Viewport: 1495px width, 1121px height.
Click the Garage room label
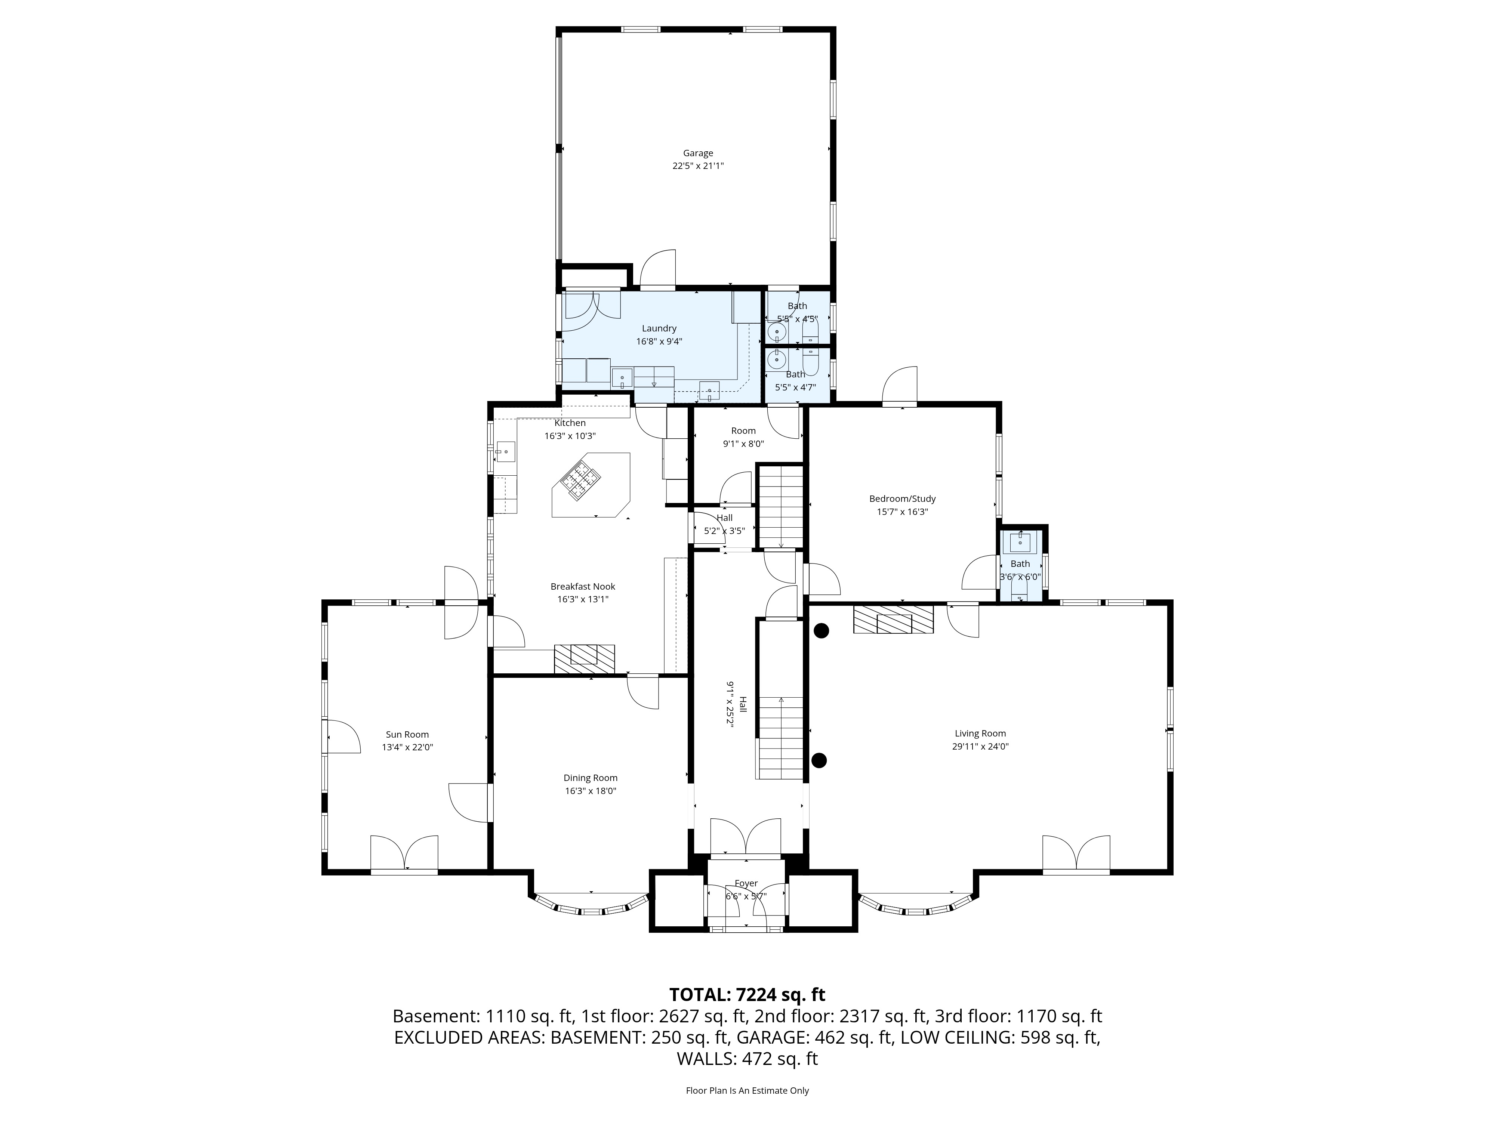[697, 153]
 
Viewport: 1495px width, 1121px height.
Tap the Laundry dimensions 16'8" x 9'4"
[659, 341]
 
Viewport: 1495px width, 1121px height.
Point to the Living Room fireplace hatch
[893, 619]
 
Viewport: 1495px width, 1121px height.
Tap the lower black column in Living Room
[819, 760]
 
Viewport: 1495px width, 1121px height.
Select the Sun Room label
[407, 735]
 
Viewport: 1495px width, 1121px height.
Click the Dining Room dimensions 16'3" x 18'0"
[591, 791]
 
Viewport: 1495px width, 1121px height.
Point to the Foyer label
[746, 883]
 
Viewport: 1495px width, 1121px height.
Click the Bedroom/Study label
[902, 499]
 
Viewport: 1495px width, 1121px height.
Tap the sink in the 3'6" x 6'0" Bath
[1020, 542]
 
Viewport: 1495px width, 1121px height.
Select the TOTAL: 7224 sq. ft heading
[747, 995]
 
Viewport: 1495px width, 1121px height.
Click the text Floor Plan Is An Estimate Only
[747, 1091]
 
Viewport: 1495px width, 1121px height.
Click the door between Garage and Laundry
[657, 270]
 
